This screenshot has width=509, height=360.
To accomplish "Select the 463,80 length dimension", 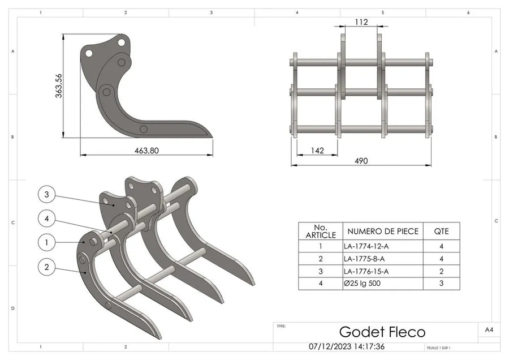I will [x=146, y=151].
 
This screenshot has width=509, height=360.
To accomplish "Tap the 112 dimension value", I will [x=362, y=22].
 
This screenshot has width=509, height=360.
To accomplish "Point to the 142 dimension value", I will [x=317, y=151].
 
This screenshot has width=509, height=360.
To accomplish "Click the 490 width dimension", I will [x=361, y=161].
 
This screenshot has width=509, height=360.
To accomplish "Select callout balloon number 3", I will [x=47, y=195].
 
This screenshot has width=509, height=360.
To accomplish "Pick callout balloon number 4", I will [x=47, y=217].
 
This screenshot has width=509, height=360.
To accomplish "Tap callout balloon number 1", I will [x=47, y=242].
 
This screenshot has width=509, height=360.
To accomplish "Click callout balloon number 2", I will [x=47, y=265].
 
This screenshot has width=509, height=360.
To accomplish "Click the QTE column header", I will [x=442, y=231].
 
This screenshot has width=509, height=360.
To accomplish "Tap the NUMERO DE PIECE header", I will [x=383, y=231].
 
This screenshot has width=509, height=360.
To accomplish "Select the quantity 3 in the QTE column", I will [x=442, y=283].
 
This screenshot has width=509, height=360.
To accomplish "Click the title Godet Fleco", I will [x=382, y=332].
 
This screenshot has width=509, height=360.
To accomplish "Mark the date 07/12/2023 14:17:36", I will [x=347, y=346].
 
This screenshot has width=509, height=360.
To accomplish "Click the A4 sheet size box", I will [x=489, y=329].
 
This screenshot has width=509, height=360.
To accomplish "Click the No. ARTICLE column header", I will [x=320, y=231].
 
